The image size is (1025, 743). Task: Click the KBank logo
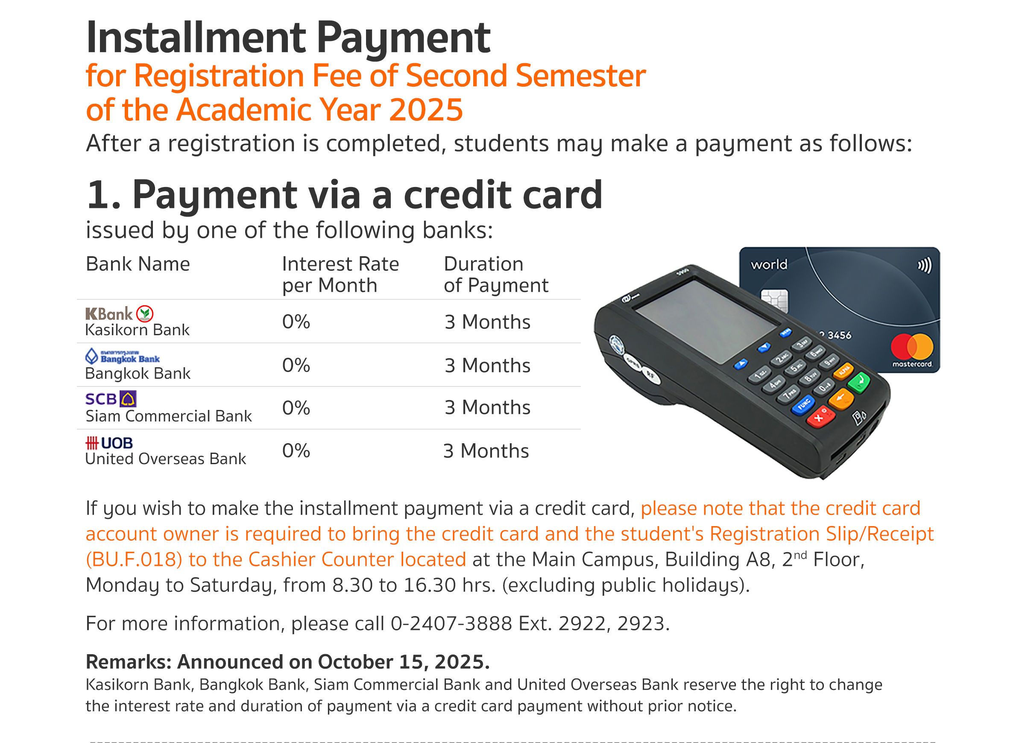point(119,314)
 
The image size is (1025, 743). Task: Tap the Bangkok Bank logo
point(123,357)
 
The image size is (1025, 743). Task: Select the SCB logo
point(111,399)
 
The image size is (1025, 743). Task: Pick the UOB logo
point(109,443)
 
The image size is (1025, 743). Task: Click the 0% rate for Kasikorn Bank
point(296,322)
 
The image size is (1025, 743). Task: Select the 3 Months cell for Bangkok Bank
point(487,365)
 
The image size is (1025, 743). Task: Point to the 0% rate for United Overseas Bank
point(296,450)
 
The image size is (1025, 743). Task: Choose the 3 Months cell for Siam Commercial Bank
point(487,408)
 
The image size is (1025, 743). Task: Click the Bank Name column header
point(138,264)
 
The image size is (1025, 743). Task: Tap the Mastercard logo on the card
point(912,350)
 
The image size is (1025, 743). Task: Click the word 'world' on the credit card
point(769,264)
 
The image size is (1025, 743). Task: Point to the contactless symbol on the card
point(924,265)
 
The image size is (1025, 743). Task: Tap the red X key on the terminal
point(821,417)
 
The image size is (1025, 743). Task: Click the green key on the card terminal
point(859,382)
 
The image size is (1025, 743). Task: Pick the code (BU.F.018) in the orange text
point(134,559)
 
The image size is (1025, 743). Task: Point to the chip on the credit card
point(774,301)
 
